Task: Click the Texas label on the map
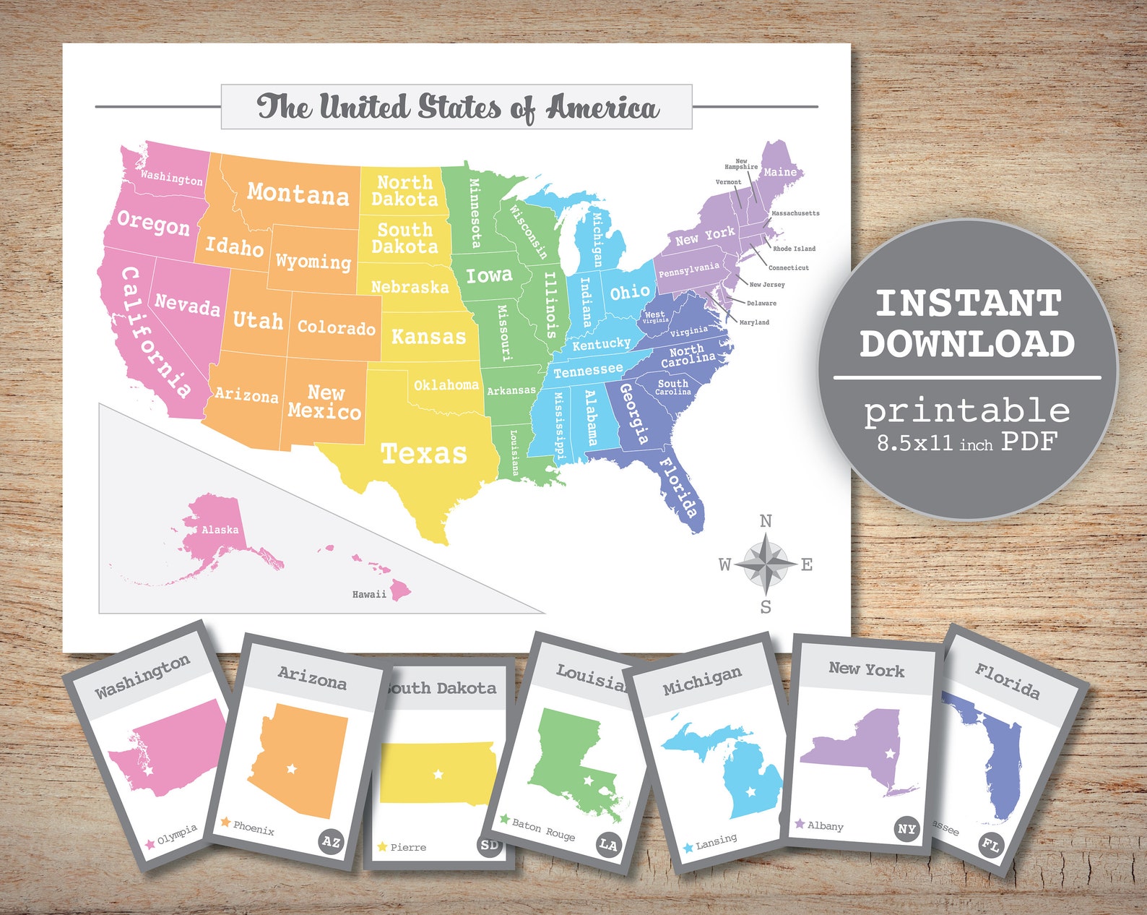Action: (x=424, y=454)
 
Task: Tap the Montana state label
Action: (x=298, y=194)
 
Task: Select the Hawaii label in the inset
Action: (x=369, y=594)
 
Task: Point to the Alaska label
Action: (x=220, y=530)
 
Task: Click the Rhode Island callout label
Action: (x=794, y=249)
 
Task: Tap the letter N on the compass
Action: (x=766, y=520)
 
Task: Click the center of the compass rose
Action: (x=766, y=563)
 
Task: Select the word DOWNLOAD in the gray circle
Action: (x=967, y=344)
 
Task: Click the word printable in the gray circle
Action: (x=967, y=411)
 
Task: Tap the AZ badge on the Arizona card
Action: (x=331, y=841)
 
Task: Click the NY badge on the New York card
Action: (x=906, y=829)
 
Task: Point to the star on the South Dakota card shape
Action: (x=438, y=774)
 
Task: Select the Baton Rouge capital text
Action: (x=543, y=829)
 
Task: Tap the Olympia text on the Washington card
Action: (x=177, y=833)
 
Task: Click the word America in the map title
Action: (x=602, y=108)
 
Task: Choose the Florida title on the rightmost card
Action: (x=1007, y=681)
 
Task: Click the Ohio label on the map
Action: (x=629, y=292)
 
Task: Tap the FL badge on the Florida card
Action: (x=990, y=844)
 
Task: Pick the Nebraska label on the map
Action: (x=410, y=287)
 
